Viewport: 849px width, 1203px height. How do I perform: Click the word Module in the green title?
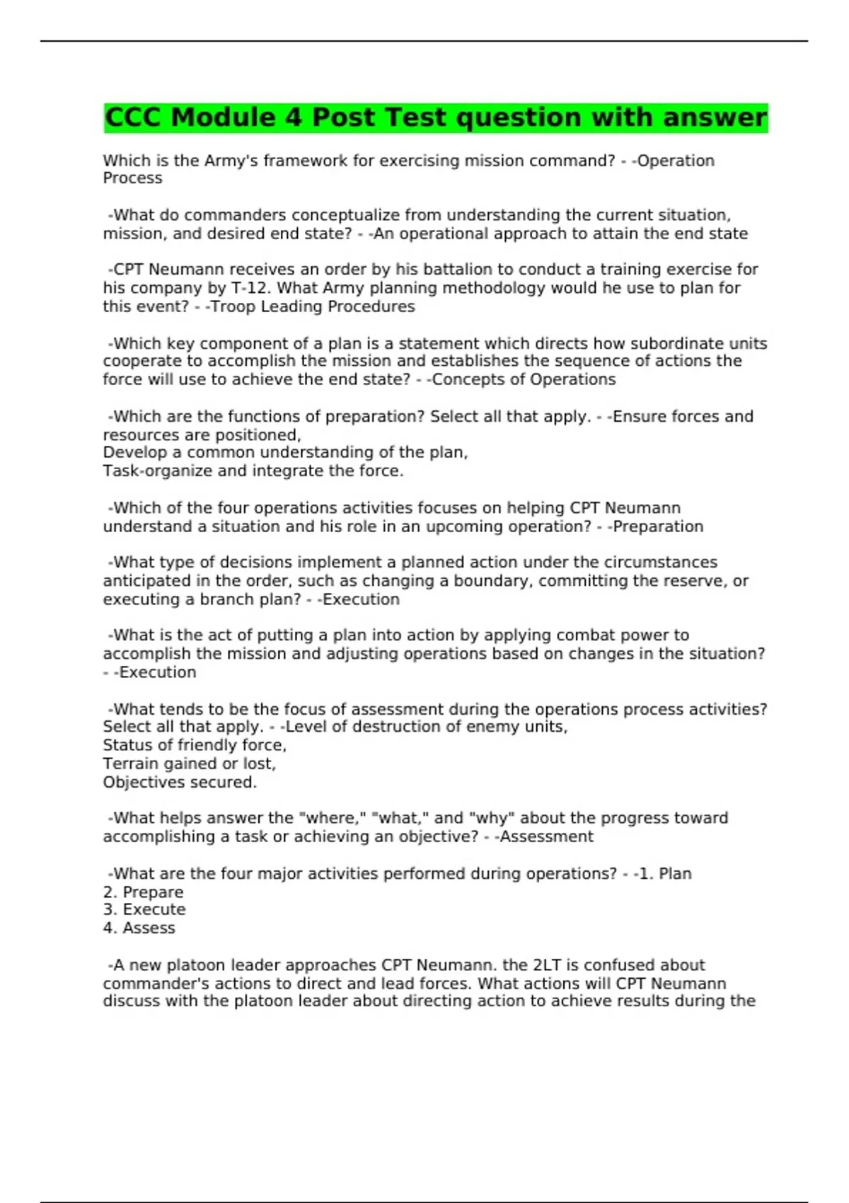click(224, 117)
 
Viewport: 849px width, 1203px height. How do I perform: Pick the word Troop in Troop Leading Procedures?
click(231, 306)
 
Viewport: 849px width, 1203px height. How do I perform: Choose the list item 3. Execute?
click(144, 909)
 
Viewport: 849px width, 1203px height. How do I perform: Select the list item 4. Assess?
click(139, 928)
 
